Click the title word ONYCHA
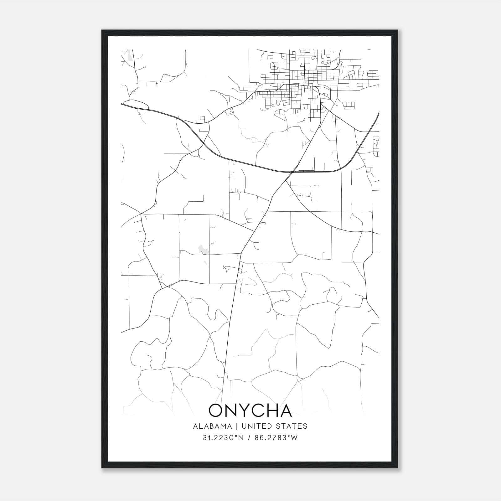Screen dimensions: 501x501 tap(250, 411)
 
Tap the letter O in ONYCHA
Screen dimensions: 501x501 tap(216, 411)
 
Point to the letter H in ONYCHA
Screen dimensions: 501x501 tap(272, 411)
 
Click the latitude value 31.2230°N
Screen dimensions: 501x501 tap(223, 438)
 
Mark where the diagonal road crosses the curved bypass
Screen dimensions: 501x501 tap(292, 172)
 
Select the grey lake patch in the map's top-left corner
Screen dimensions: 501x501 tap(129, 56)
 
